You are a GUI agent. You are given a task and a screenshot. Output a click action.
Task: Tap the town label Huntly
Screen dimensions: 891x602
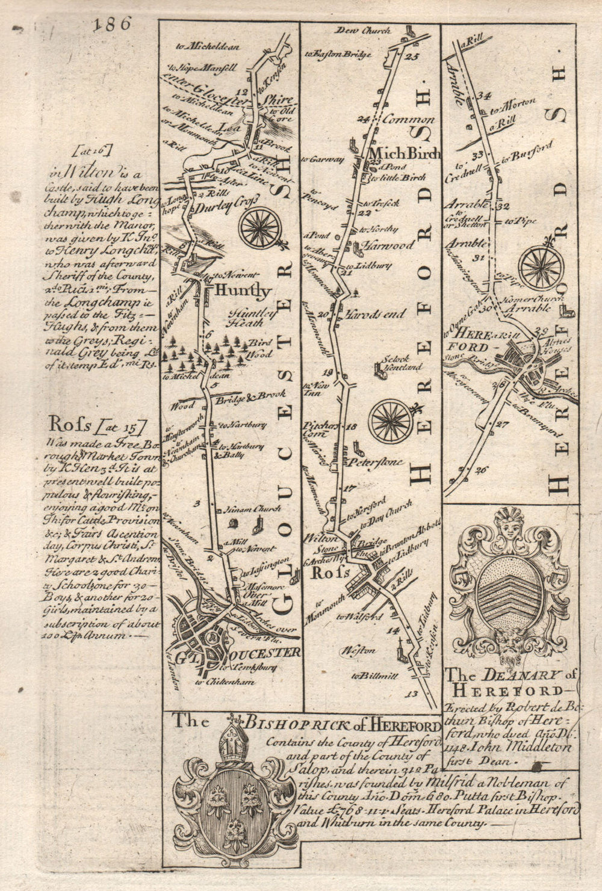(239, 291)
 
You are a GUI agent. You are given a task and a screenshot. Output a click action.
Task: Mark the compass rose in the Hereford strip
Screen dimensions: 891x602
(541, 267)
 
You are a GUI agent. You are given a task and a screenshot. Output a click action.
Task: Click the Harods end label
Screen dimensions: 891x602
(368, 313)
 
